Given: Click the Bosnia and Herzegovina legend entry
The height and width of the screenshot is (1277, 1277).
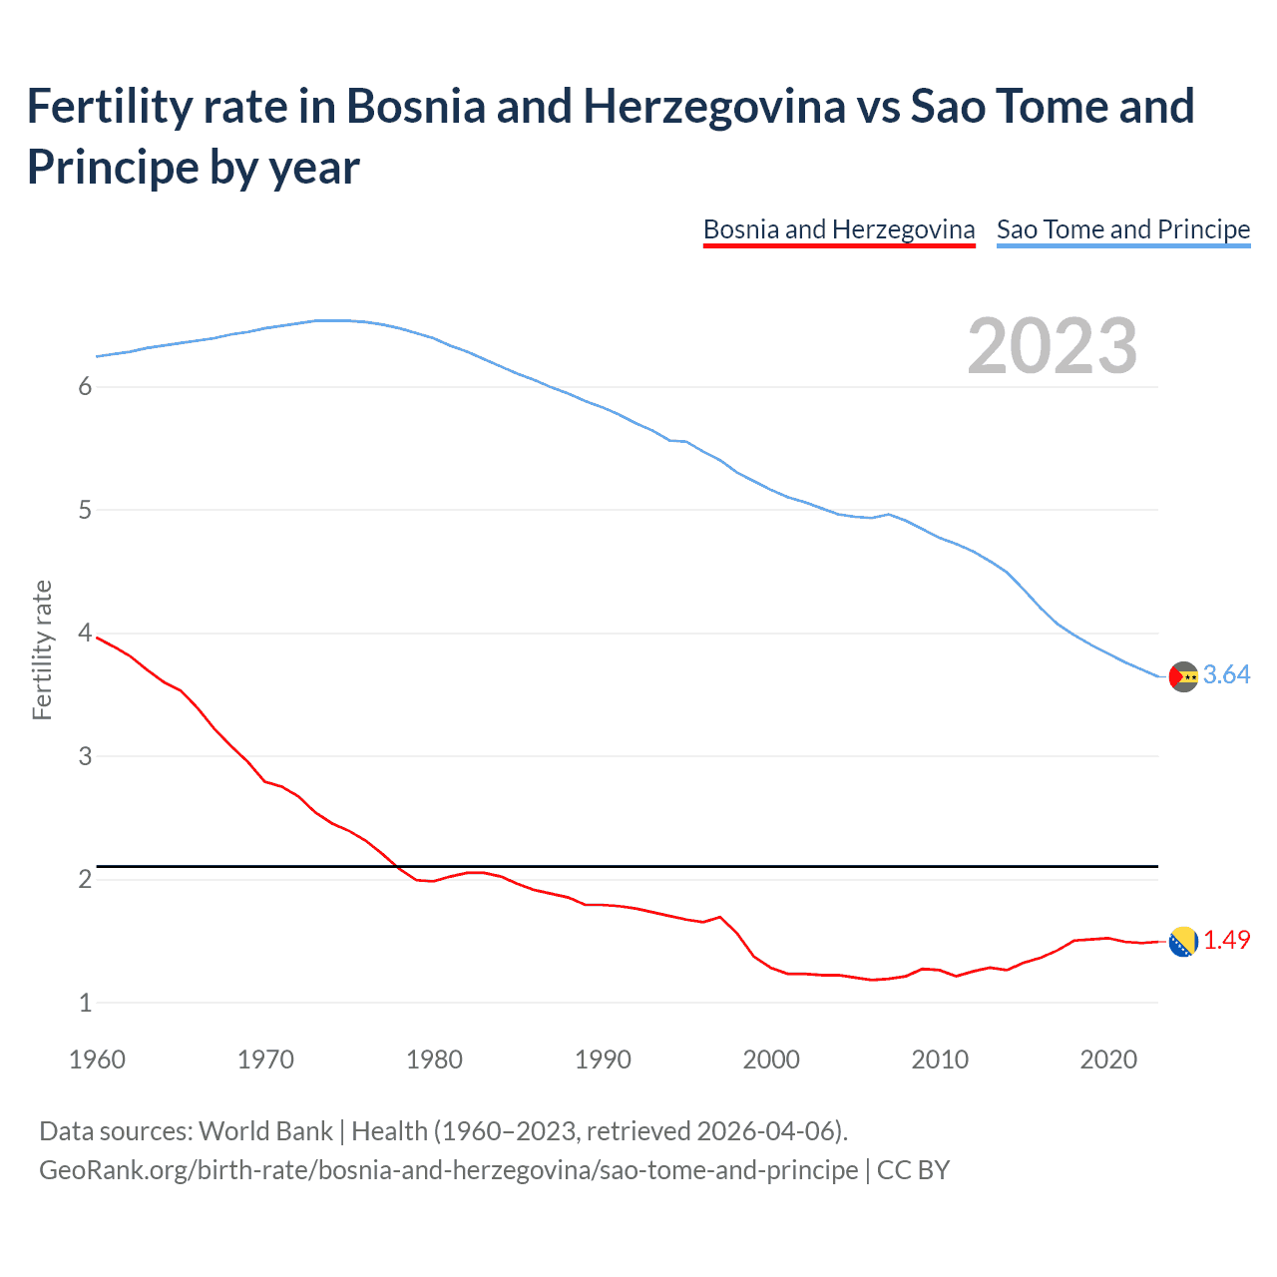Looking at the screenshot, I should (x=838, y=230).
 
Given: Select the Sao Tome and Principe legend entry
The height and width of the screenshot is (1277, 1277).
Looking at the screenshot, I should (x=1122, y=230).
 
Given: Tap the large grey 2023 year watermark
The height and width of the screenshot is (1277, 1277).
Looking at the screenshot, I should (x=1052, y=346).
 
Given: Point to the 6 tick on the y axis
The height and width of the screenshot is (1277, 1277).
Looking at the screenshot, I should (x=85, y=387).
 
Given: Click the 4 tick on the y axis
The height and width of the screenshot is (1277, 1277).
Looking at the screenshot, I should (x=85, y=634).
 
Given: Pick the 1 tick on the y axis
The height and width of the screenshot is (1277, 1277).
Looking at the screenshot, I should (x=85, y=1003).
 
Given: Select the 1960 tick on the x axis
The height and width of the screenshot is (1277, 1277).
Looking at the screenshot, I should (x=97, y=1060).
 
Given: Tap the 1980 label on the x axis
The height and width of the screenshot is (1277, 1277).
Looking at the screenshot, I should (x=434, y=1060).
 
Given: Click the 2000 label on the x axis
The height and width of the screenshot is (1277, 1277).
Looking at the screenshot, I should (x=771, y=1060).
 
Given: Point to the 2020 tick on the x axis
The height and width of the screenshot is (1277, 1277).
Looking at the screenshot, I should (x=1108, y=1060).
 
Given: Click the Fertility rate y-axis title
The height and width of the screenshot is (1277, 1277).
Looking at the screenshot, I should (x=42, y=649).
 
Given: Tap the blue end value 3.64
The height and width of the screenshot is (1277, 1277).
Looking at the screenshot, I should (x=1226, y=675).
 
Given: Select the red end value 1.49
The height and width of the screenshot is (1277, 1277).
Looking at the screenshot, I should (x=1226, y=941).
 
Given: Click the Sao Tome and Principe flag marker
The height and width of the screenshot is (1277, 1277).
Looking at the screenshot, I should (x=1183, y=676).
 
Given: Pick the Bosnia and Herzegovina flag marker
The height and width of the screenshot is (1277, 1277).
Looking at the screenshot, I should (x=1183, y=942).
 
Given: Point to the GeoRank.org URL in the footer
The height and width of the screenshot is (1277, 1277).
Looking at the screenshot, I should (x=448, y=1169).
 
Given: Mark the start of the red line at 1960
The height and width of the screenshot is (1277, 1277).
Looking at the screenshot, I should (x=98, y=638).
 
